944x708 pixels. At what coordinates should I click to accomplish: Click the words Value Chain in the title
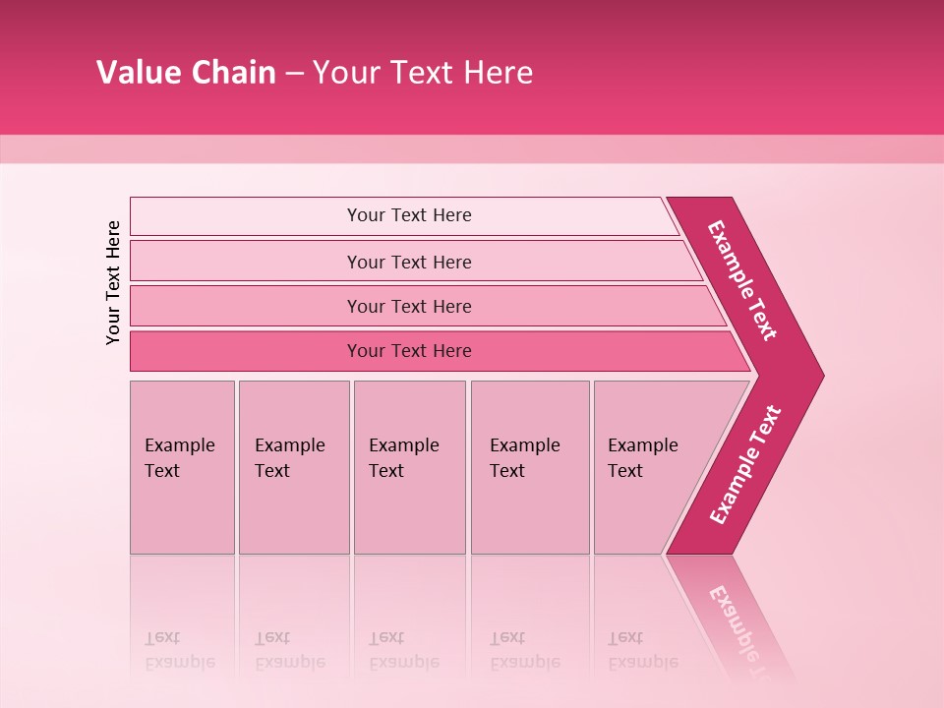[186, 73]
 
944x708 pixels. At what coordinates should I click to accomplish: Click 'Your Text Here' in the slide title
[423, 73]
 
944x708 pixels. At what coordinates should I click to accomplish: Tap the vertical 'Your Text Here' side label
[113, 282]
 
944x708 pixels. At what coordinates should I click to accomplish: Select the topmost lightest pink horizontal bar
[409, 215]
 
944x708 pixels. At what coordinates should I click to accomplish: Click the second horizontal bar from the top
[409, 262]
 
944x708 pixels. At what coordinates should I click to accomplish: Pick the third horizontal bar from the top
[409, 306]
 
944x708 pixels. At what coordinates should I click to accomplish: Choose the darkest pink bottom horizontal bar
[409, 351]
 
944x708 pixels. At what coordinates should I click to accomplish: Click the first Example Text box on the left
[182, 467]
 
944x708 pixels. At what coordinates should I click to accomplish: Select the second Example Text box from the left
[293, 467]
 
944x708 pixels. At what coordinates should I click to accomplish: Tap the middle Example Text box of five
[409, 467]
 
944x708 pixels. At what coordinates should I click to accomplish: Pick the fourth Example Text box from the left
[529, 467]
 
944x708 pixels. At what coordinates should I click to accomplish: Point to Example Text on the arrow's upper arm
[742, 280]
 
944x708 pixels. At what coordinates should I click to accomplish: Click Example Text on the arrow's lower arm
[745, 465]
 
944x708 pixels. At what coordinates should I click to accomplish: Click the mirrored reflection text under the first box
[179, 650]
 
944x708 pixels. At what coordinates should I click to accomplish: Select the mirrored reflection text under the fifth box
[643, 650]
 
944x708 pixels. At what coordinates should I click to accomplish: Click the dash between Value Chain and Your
[294, 74]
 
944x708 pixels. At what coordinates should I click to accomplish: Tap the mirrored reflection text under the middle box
[403, 650]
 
